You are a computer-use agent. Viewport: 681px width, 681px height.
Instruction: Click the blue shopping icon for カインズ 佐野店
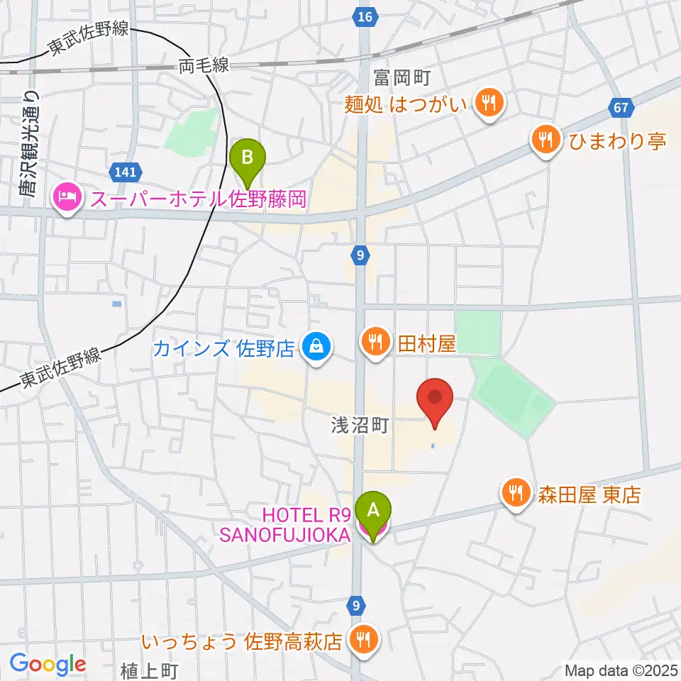coord(313,347)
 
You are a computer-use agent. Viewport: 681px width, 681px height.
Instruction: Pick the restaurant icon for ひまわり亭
coord(545,139)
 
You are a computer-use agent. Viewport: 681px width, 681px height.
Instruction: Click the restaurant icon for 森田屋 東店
coord(514,492)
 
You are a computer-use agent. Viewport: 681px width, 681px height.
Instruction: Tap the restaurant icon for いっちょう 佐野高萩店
coord(363,641)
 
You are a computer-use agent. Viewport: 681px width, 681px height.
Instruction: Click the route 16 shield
coord(365,16)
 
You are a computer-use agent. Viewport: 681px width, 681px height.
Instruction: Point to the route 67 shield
coord(620,108)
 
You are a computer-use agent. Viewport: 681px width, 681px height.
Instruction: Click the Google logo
coord(48,664)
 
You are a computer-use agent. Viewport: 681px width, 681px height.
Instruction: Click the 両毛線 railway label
coord(204,67)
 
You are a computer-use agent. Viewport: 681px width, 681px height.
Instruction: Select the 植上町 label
coord(150,670)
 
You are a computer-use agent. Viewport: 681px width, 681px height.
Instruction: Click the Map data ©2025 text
coord(619,669)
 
